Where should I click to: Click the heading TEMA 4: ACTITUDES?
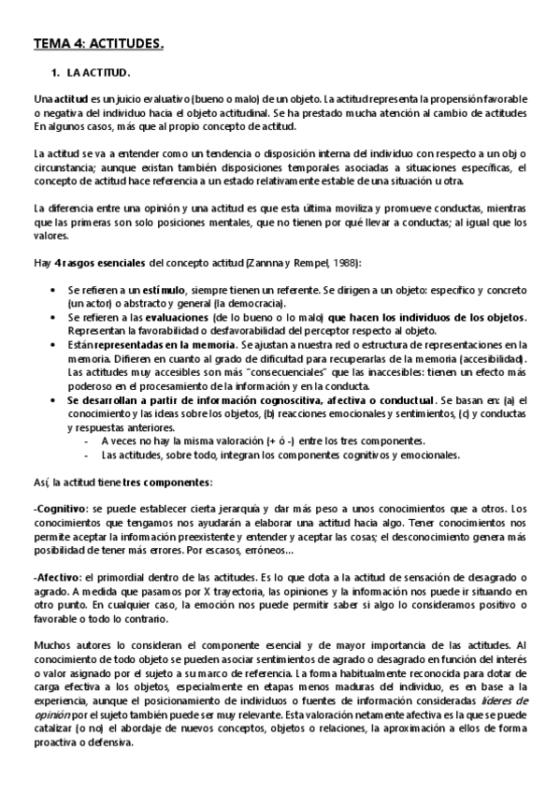click(x=98, y=43)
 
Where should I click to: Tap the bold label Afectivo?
click(x=57, y=577)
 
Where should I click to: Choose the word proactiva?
click(x=55, y=743)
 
